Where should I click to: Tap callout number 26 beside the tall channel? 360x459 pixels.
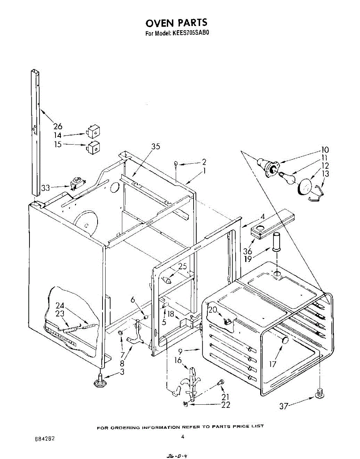pyautogui.click(x=58, y=126)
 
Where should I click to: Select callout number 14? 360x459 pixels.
pyautogui.click(x=57, y=135)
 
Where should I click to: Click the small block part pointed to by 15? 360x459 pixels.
pyautogui.click(x=93, y=146)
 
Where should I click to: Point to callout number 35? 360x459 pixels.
pyautogui.click(x=155, y=146)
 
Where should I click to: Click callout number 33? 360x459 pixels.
pyautogui.click(x=46, y=188)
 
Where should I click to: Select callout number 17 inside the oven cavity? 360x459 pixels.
pyautogui.click(x=272, y=364)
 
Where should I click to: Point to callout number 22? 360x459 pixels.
pyautogui.click(x=226, y=405)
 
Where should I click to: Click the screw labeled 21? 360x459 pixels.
pyautogui.click(x=220, y=382)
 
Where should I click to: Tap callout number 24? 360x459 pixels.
pyautogui.click(x=60, y=305)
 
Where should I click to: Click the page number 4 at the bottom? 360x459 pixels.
pyautogui.click(x=183, y=436)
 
